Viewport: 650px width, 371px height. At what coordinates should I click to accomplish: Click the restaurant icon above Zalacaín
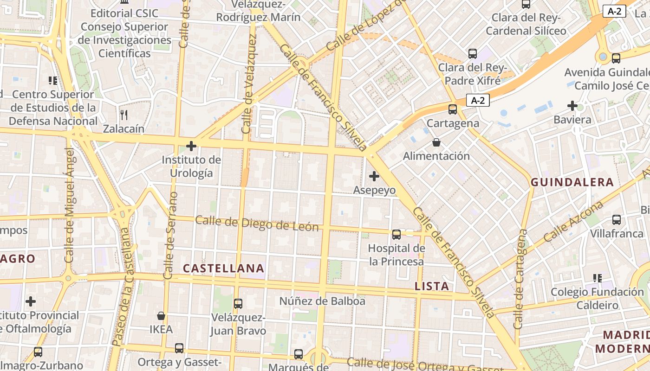[123, 115]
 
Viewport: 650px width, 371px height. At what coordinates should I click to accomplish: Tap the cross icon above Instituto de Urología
[191, 147]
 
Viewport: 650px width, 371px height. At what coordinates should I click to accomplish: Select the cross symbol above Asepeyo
[374, 176]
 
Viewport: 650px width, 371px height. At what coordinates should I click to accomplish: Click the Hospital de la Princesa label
[396, 255]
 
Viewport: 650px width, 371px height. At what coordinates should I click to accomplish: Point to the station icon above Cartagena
[452, 109]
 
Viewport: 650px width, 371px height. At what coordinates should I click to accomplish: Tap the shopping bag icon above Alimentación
[436, 142]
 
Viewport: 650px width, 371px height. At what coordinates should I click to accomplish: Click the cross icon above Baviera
[572, 106]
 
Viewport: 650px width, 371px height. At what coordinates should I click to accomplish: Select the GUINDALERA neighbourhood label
[572, 182]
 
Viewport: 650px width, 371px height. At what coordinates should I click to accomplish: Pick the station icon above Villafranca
[616, 220]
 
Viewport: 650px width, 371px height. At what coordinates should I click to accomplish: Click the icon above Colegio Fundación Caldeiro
[597, 278]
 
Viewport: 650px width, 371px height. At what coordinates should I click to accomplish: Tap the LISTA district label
[431, 286]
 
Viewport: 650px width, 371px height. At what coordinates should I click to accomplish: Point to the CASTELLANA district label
[223, 268]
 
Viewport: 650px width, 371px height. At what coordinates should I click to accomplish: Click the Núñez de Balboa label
[322, 301]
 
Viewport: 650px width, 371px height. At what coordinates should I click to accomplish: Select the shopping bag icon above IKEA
[161, 316]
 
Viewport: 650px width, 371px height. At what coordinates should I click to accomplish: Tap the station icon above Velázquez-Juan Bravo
[238, 304]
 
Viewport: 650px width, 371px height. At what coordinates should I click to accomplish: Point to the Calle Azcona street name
[573, 221]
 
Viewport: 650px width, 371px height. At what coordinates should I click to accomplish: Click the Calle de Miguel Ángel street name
[69, 205]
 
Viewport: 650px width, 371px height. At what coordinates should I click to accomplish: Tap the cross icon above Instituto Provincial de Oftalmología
[31, 301]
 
